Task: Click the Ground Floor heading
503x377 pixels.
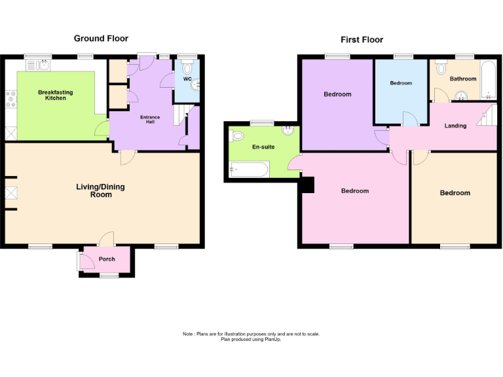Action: click(101, 39)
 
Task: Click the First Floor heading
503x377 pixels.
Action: click(362, 40)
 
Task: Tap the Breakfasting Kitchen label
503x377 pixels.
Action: click(55, 95)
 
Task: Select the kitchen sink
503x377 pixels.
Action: click(39, 64)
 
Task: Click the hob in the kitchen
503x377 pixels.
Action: click(11, 99)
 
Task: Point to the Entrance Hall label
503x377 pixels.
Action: click(150, 119)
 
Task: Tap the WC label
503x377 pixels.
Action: click(187, 79)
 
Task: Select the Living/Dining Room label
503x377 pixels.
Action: click(100, 190)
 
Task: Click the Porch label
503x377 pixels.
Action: click(107, 259)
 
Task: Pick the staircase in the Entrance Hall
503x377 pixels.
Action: click(179, 117)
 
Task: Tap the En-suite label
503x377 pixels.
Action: click(263, 147)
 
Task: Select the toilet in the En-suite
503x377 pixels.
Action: click(236, 136)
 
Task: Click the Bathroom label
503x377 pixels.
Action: click(463, 79)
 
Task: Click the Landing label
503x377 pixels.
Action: click(455, 126)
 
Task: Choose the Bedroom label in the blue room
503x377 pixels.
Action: click(401, 83)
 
